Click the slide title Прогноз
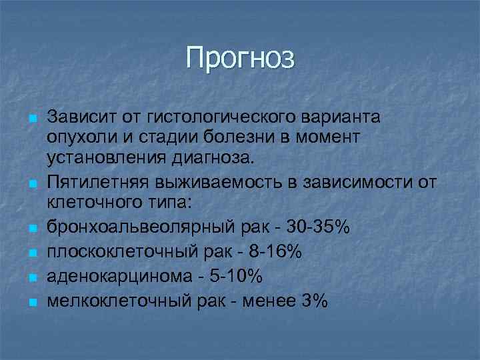pos(239,58)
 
